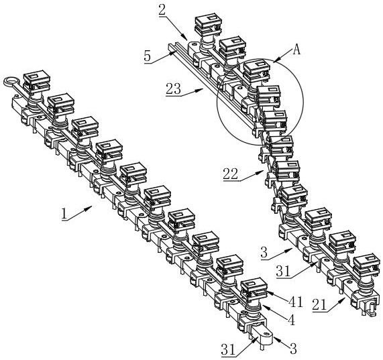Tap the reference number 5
(148, 56)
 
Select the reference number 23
(174, 88)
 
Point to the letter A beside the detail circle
(296, 50)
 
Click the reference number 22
(230, 174)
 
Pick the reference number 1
(64, 214)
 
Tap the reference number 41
(296, 302)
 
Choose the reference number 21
(320, 305)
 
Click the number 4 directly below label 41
(291, 320)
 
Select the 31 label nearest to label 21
(283, 271)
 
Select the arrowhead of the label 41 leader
(267, 292)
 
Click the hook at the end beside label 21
(370, 310)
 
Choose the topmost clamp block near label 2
(208, 24)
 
